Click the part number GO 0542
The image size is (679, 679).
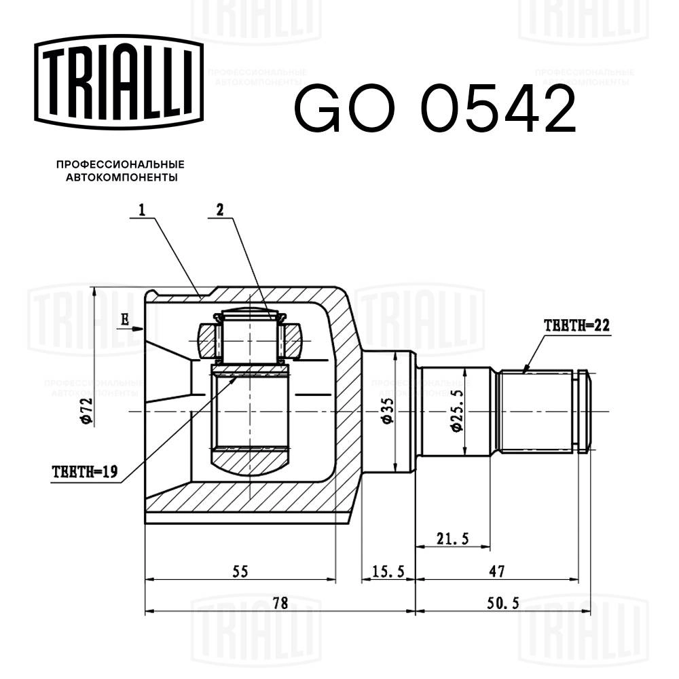[x=435, y=109]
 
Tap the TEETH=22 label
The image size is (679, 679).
[x=577, y=325]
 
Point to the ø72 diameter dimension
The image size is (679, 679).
[x=86, y=410]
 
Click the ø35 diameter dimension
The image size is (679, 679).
[x=387, y=411]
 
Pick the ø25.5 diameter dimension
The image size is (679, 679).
[x=455, y=411]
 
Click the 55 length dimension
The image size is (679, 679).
[x=240, y=571]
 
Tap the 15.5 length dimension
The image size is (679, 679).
[x=388, y=572]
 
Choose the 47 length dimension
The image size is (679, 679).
[x=497, y=572]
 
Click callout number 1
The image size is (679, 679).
[x=142, y=211]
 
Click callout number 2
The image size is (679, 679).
[x=219, y=211]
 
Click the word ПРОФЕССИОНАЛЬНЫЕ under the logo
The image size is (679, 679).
[x=120, y=165]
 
